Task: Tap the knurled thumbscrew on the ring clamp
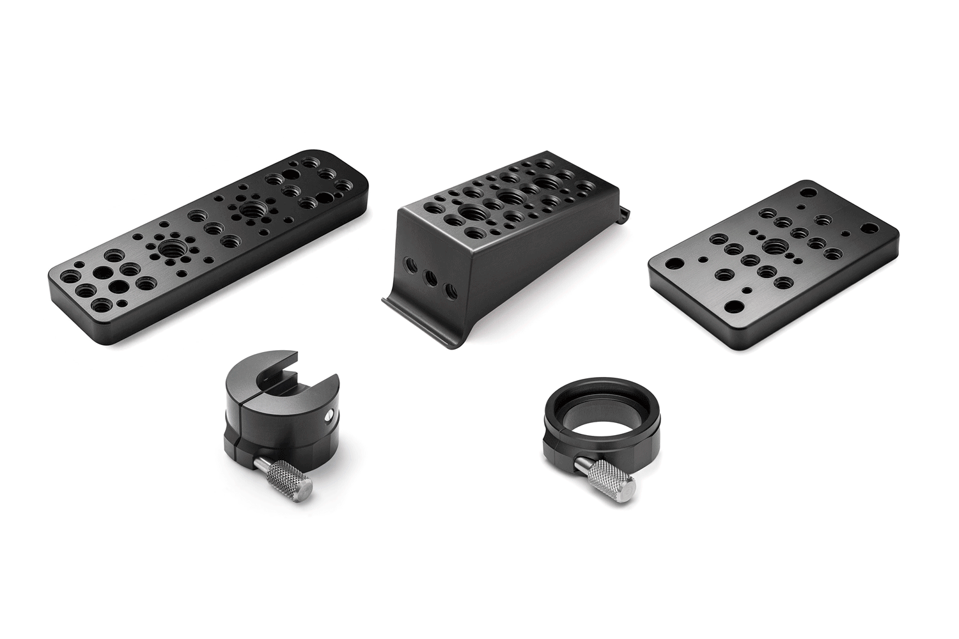point(610,479)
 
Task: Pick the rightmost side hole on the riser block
point(451,291)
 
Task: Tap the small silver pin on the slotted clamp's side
point(328,416)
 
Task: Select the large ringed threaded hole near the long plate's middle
point(249,209)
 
